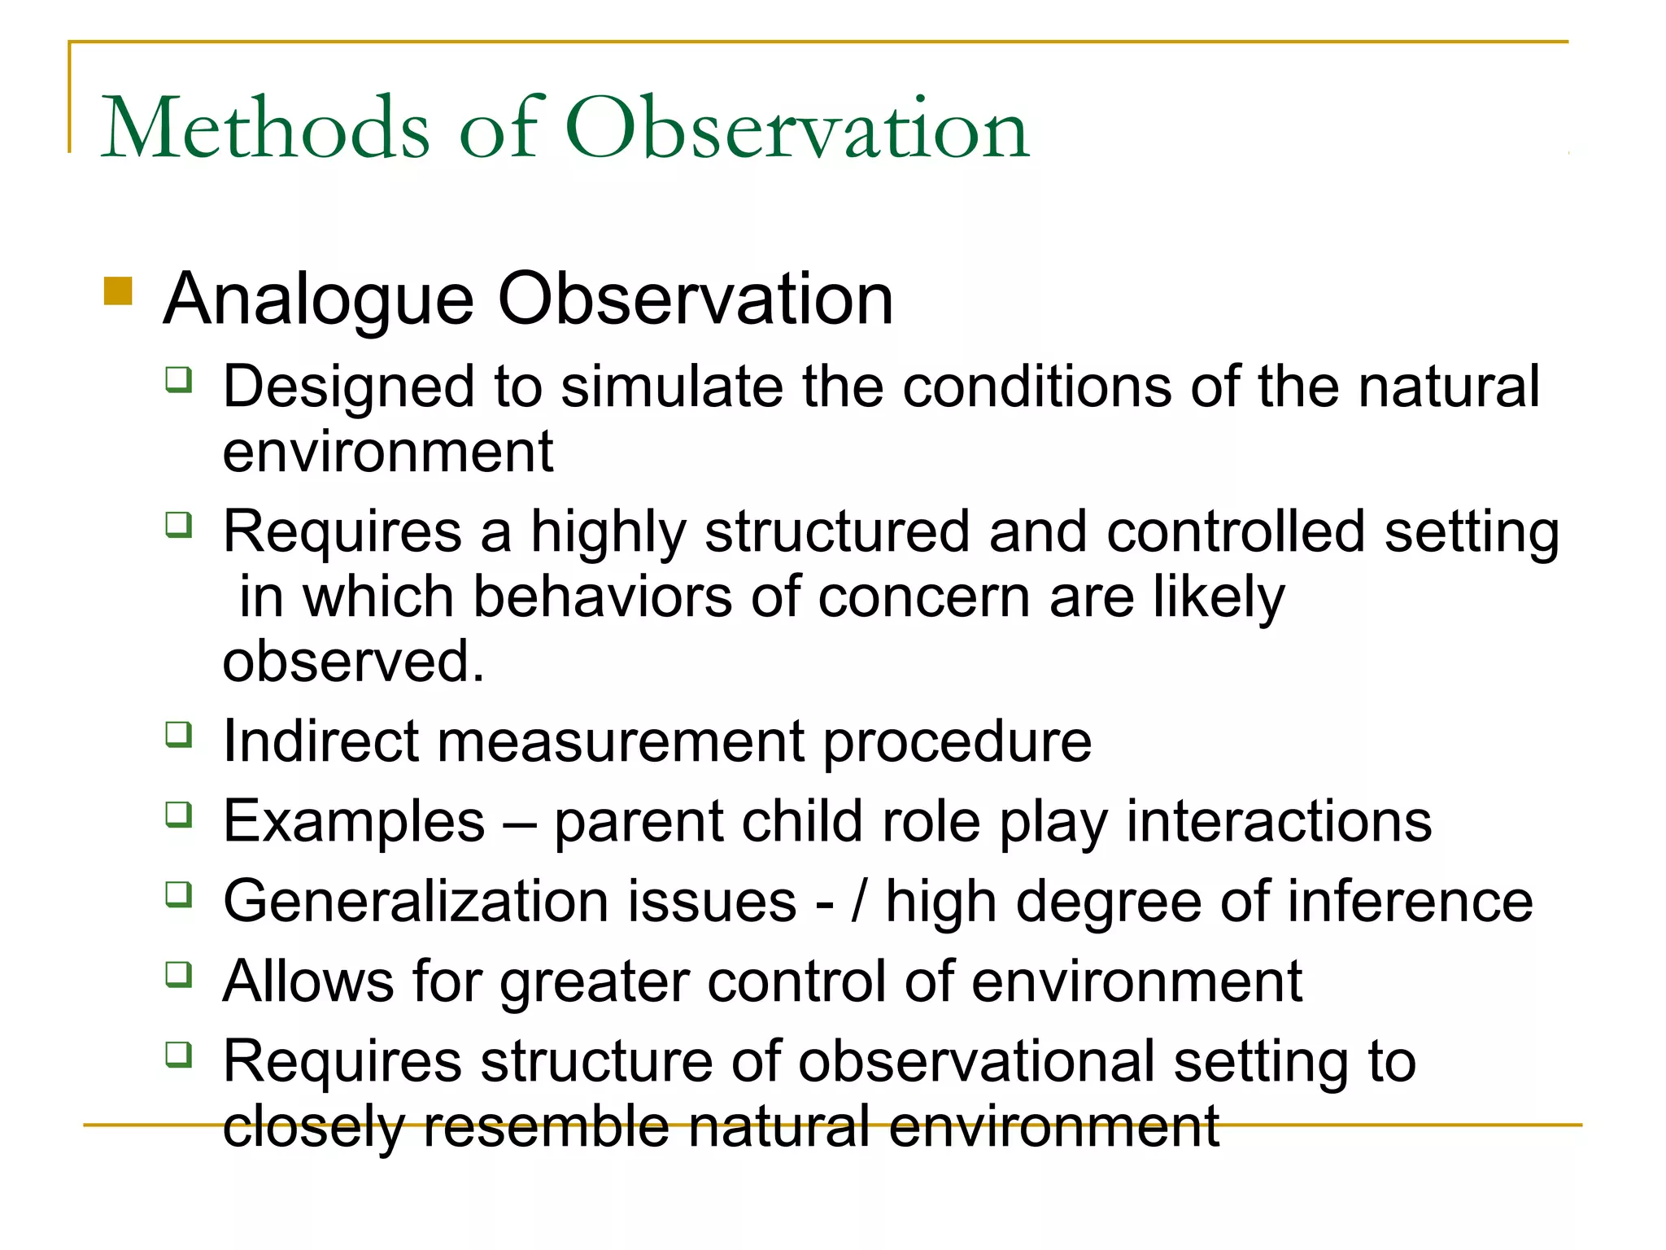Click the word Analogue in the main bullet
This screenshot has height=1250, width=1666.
318,299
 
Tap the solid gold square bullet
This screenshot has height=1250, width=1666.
118,291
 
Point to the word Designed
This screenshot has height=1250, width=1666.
349,387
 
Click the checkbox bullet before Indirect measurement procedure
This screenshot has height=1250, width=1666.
179,735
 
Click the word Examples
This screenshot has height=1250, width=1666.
354,821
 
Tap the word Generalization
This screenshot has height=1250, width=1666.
509,902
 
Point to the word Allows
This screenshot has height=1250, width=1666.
307,981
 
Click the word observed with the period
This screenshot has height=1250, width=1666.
353,661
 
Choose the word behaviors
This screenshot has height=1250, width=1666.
603,597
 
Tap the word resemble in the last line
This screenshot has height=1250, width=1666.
546,1127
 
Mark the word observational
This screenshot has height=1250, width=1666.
976,1061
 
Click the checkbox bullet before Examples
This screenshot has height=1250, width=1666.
179,815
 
